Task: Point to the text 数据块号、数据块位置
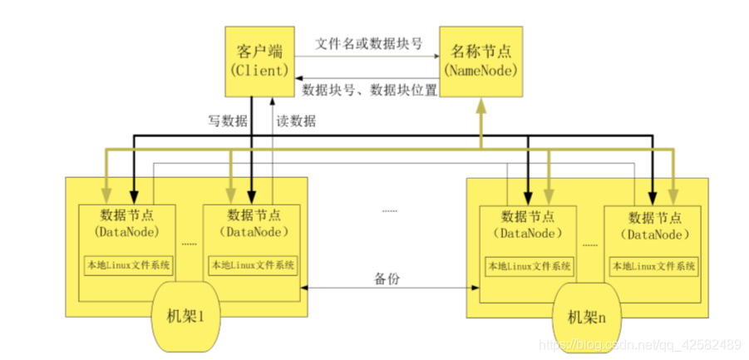click(x=369, y=90)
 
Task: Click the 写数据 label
click(x=227, y=121)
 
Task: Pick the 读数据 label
click(x=296, y=121)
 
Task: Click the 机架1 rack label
click(x=188, y=317)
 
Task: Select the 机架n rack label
click(x=588, y=317)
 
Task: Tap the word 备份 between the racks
click(x=387, y=279)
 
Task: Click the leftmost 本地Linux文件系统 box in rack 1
click(x=128, y=266)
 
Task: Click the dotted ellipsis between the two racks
click(x=389, y=211)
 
